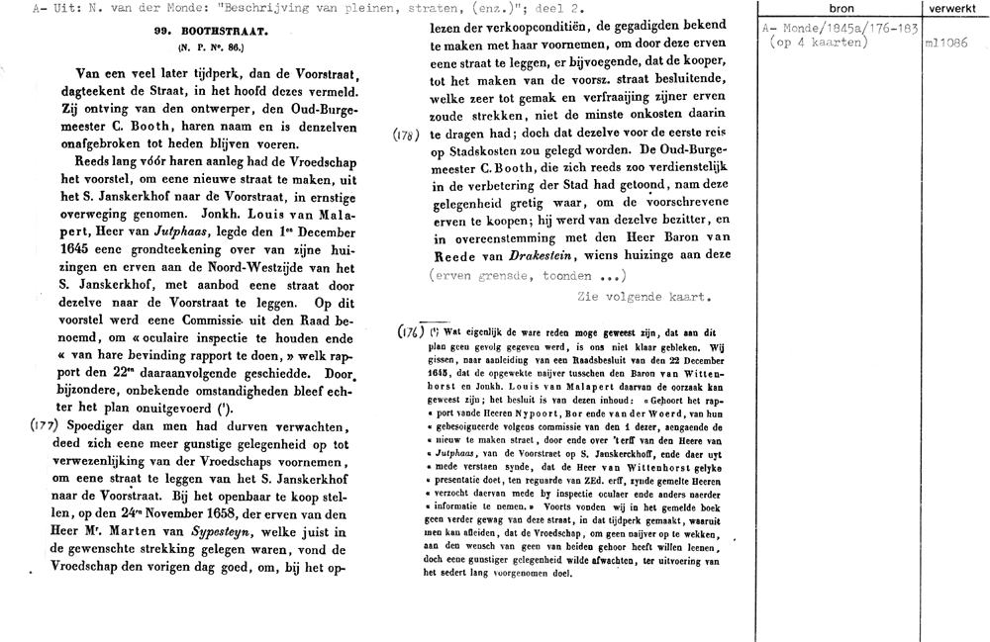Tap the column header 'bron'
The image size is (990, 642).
click(x=840, y=8)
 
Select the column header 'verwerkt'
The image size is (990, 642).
click(x=953, y=8)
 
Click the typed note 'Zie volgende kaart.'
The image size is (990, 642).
click(x=643, y=295)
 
